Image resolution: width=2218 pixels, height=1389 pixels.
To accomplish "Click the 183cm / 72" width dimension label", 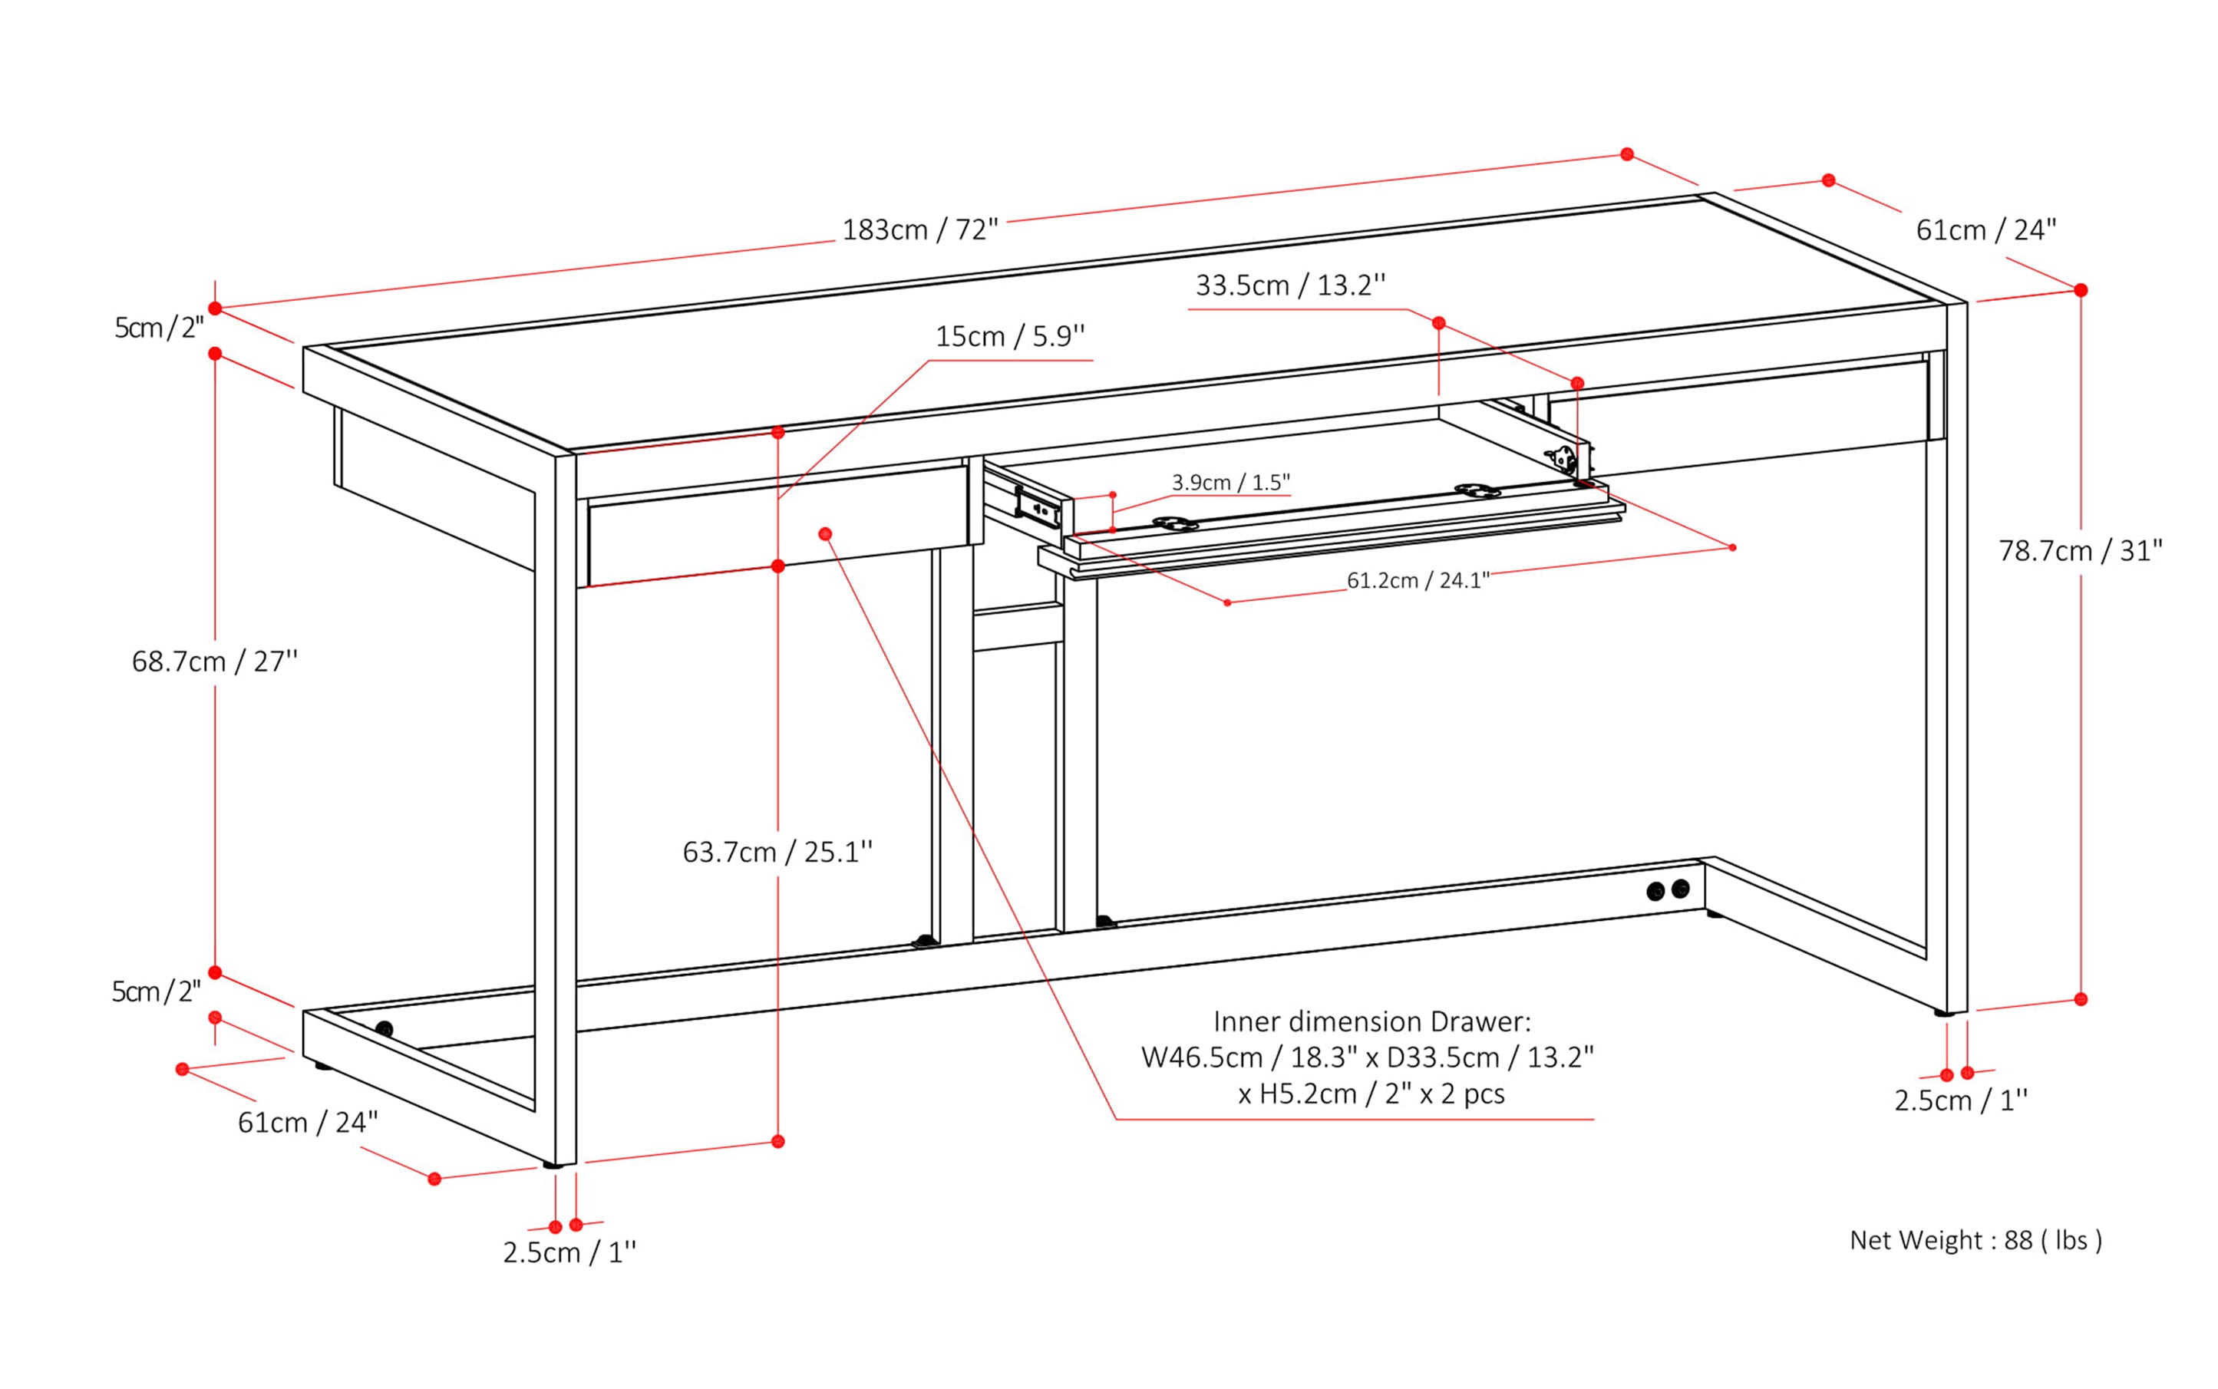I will click(919, 229).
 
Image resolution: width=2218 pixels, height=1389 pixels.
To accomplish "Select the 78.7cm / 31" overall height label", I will click(2079, 551).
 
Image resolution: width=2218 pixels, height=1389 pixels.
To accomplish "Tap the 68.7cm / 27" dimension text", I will click(215, 662).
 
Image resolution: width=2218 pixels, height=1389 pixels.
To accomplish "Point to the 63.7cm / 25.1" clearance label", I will click(777, 853).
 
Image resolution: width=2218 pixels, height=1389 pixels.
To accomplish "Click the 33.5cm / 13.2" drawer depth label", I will click(1290, 285).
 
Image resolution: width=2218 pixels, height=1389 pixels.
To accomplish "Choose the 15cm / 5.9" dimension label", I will click(1010, 336).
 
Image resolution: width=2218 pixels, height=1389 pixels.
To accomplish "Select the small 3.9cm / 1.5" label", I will click(1230, 482).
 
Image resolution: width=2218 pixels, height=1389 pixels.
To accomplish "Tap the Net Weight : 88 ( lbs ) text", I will click(1975, 1240).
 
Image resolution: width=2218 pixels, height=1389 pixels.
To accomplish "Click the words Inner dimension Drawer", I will click(1371, 1021).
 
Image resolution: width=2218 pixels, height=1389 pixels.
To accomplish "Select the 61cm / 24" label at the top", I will click(1985, 229).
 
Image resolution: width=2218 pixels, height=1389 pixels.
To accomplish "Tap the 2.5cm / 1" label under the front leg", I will click(569, 1252).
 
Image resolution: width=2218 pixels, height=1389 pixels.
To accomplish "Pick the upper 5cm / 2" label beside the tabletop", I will click(158, 328).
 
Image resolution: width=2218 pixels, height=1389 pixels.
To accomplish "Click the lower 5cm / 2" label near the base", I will click(155, 992).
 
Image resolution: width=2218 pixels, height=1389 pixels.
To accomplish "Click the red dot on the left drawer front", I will click(825, 534).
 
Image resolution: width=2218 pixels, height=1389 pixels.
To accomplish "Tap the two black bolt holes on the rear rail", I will click(1668, 890).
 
